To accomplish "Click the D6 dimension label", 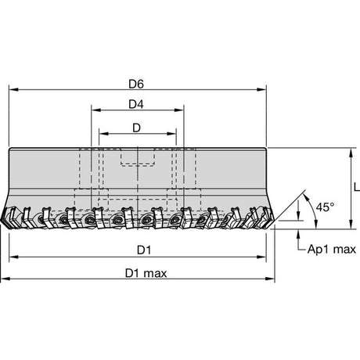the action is tap(136, 84).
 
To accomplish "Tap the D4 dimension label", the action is tap(136, 104).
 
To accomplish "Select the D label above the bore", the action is tap(136, 128).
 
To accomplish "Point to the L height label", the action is tap(357, 187).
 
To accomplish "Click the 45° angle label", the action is tap(325, 207).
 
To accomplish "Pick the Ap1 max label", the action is tap(332, 250).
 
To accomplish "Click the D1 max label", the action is tap(146, 273).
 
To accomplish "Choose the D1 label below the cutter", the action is tap(144, 250).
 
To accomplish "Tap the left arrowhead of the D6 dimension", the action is tap(13, 89).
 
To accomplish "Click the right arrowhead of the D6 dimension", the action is tap(261, 89).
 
